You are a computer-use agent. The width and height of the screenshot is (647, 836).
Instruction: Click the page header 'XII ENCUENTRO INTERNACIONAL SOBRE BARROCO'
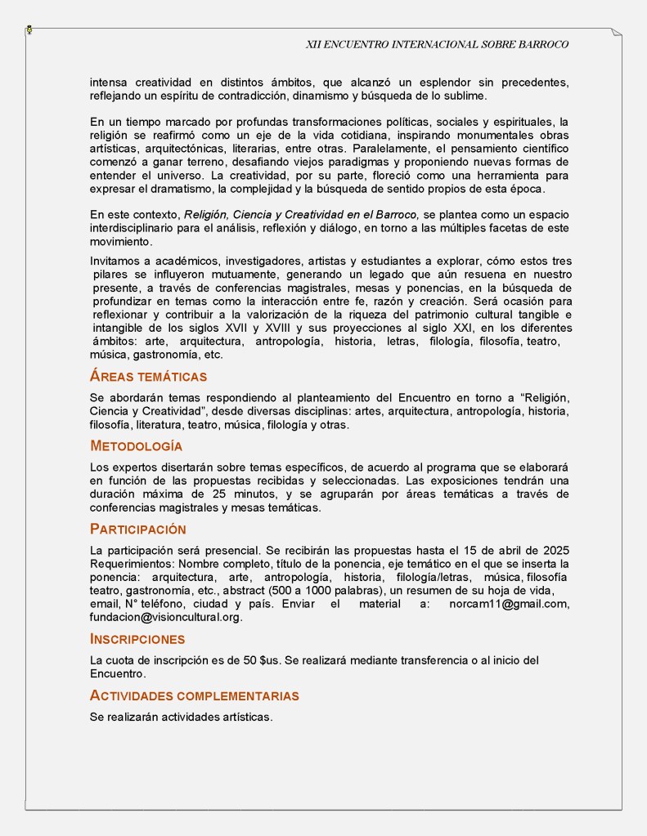tap(437, 44)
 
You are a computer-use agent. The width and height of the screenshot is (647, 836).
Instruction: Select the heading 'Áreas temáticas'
tap(148, 377)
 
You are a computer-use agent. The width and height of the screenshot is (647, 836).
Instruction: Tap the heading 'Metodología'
tap(136, 446)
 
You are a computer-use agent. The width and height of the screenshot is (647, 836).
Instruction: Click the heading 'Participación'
tap(137, 529)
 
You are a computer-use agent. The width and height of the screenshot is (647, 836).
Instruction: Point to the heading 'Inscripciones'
tap(137, 639)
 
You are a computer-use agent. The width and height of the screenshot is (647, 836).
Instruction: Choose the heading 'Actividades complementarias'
tap(194, 696)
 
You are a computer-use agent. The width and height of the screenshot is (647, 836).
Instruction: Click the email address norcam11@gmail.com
tap(509, 604)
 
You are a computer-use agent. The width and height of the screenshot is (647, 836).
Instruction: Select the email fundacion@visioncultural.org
tap(166, 617)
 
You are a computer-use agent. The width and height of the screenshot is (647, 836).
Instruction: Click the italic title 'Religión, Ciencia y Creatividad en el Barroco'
tap(302, 214)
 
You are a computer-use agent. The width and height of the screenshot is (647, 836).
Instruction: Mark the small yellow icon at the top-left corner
tap(29, 29)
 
